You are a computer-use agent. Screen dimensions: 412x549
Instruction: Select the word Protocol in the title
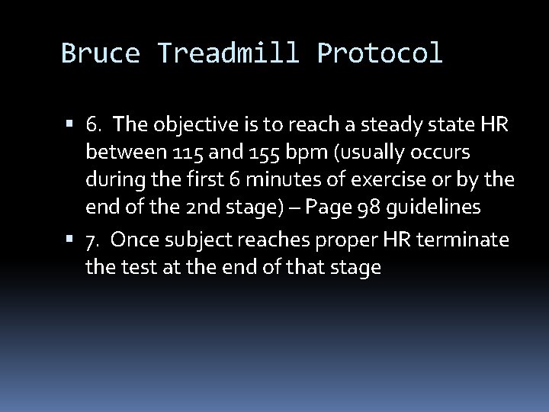pos(379,53)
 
